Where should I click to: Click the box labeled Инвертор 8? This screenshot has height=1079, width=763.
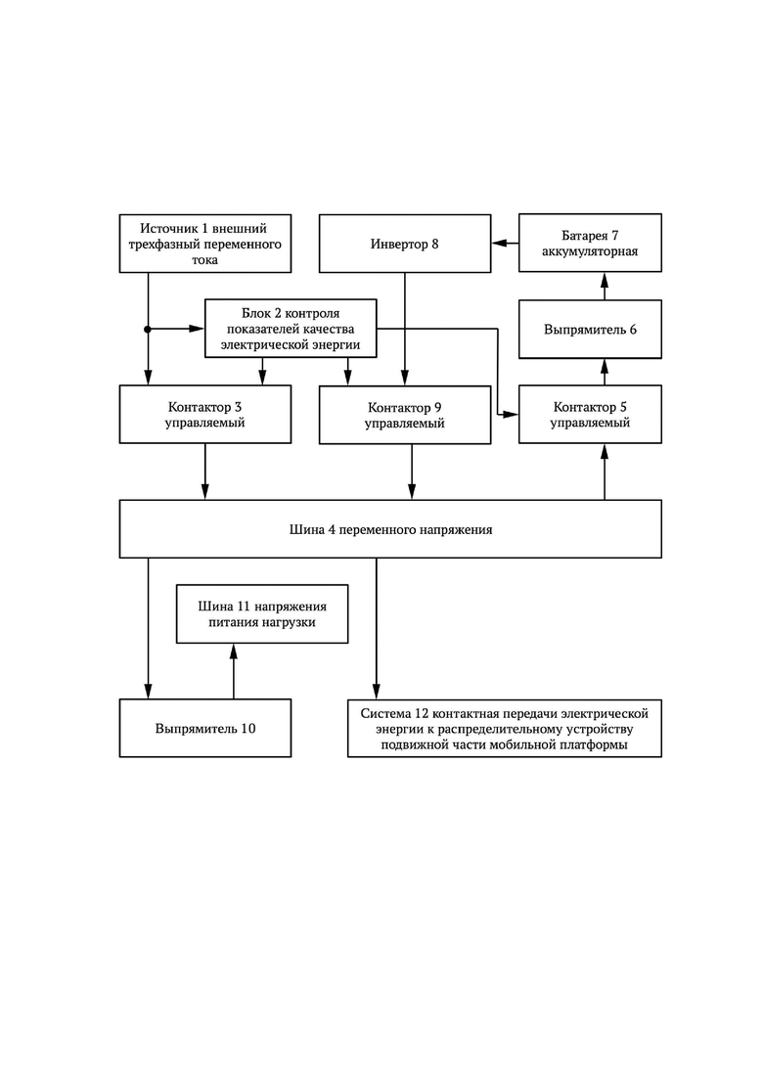pos(405,244)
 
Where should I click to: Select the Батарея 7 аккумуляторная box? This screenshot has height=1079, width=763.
pos(590,243)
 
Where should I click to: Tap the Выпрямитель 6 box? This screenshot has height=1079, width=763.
pos(590,329)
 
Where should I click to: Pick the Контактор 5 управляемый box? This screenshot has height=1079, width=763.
pos(590,414)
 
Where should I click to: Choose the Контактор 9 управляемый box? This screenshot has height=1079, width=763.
pos(405,414)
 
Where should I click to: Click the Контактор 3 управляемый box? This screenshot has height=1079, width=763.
pos(205,414)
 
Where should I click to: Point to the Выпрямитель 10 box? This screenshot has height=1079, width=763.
pos(205,728)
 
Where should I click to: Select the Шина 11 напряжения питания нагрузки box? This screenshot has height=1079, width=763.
pos(262,613)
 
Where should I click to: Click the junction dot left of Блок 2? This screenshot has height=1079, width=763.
pos(148,329)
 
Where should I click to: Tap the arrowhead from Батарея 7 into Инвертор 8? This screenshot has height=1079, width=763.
pos(499,243)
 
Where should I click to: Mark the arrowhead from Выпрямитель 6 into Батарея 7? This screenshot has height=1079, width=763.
pos(605,280)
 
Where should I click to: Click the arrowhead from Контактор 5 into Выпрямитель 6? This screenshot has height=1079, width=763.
pos(605,366)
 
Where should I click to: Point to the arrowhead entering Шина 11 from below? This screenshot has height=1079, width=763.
pos(233,651)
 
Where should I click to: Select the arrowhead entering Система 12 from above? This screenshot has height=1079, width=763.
pos(377,692)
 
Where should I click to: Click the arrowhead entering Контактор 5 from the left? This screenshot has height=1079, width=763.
pos(512,414)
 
